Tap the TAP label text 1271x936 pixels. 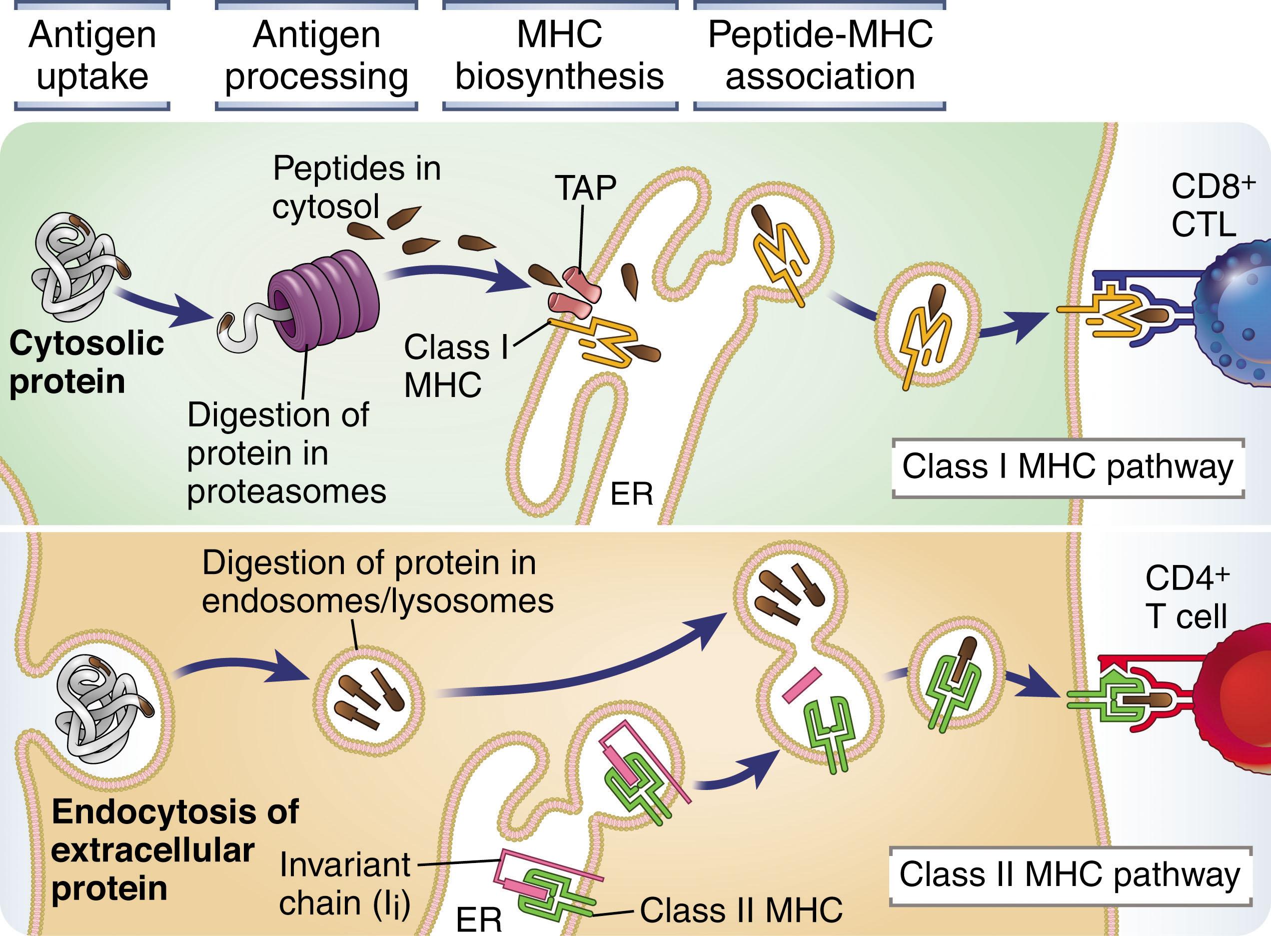[x=585, y=188]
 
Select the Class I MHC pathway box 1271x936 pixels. [x=1067, y=467]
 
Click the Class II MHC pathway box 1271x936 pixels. [x=1070, y=875]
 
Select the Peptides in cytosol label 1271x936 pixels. [x=356, y=187]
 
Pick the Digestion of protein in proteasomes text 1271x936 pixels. [x=286, y=453]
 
